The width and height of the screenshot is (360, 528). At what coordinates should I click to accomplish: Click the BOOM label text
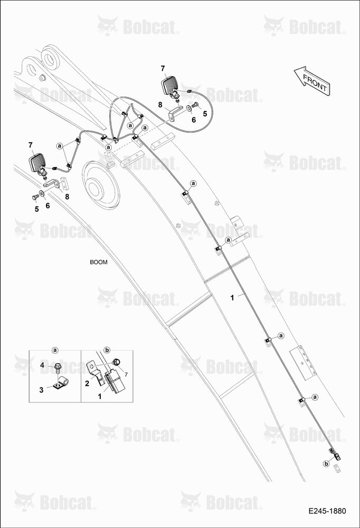tap(99, 262)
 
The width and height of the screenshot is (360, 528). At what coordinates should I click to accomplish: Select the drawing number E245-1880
tap(327, 511)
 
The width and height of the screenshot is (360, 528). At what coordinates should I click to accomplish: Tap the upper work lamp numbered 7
tap(170, 86)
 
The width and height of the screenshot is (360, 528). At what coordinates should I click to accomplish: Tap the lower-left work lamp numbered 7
tap(38, 163)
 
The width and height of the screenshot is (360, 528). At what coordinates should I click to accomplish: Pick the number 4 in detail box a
tap(42, 365)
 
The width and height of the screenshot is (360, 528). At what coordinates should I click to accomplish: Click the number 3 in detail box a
tap(41, 390)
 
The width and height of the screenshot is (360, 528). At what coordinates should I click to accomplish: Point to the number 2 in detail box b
tap(87, 383)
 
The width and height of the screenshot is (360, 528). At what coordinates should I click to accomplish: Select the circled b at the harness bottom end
tap(326, 464)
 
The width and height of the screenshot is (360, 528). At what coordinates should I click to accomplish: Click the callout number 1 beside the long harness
tap(232, 298)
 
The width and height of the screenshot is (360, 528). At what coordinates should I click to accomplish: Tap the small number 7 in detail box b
tap(126, 374)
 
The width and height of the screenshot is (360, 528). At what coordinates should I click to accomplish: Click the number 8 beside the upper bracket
tap(160, 105)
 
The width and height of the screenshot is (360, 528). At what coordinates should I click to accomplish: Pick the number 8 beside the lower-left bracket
tap(67, 196)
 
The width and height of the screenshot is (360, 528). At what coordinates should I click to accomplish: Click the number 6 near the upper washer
tap(194, 120)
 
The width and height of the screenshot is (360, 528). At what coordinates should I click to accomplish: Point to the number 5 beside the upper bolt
tap(205, 114)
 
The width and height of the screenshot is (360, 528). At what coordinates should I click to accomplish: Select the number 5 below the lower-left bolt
tap(37, 209)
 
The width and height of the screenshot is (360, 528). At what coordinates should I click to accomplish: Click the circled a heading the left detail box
tap(55, 351)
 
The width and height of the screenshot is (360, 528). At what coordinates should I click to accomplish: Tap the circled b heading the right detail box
tap(107, 351)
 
